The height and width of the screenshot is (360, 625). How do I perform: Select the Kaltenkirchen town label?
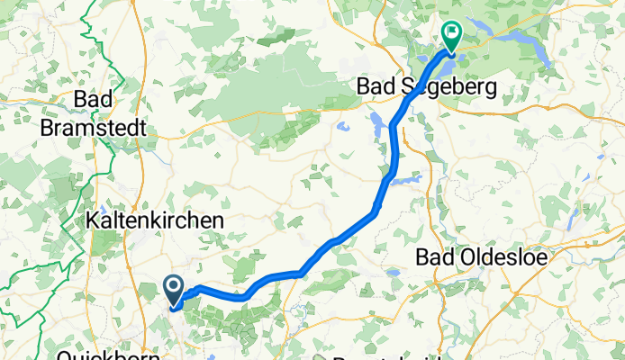(154, 220)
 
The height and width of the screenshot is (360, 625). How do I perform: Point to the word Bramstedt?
(94, 129)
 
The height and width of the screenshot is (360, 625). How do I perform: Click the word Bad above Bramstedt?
(94, 100)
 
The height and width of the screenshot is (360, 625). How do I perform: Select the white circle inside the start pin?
(174, 287)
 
